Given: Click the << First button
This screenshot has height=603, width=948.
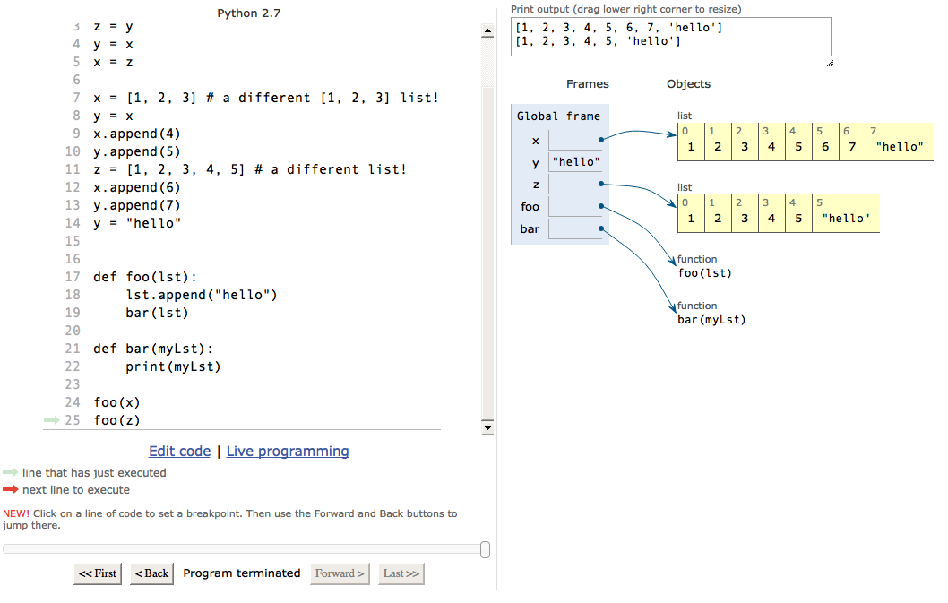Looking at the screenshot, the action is click(x=98, y=573).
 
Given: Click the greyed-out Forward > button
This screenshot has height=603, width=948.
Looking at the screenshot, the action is click(x=340, y=573).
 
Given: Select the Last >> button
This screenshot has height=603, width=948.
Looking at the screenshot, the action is click(x=401, y=573).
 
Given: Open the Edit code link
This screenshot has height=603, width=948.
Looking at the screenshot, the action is click(x=179, y=452).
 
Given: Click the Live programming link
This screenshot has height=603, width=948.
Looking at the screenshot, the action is click(x=288, y=452).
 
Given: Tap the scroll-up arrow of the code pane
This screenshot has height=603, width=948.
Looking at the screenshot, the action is click(x=487, y=30).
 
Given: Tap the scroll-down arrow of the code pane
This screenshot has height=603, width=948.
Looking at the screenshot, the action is click(x=487, y=428).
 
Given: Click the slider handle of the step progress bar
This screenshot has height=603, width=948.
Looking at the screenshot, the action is click(x=485, y=549).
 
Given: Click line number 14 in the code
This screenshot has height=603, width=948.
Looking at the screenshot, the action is click(x=73, y=223).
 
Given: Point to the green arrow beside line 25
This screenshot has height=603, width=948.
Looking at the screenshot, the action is click(x=51, y=419).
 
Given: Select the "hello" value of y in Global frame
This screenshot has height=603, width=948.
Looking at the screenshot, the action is click(x=576, y=162).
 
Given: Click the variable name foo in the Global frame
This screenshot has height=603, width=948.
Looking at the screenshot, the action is click(x=530, y=207).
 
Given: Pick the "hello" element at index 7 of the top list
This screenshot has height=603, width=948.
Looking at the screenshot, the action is click(x=900, y=146).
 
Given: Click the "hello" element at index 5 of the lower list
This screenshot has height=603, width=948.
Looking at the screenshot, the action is click(x=846, y=219).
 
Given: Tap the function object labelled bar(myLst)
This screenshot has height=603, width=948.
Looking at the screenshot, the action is click(x=711, y=319).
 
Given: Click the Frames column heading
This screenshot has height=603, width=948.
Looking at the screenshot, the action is click(x=588, y=84).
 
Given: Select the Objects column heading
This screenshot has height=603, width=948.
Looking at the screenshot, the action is click(x=689, y=84).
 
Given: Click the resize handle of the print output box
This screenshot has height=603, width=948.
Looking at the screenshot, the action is click(x=830, y=63).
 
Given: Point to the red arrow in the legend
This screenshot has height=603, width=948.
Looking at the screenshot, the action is click(x=10, y=489).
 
